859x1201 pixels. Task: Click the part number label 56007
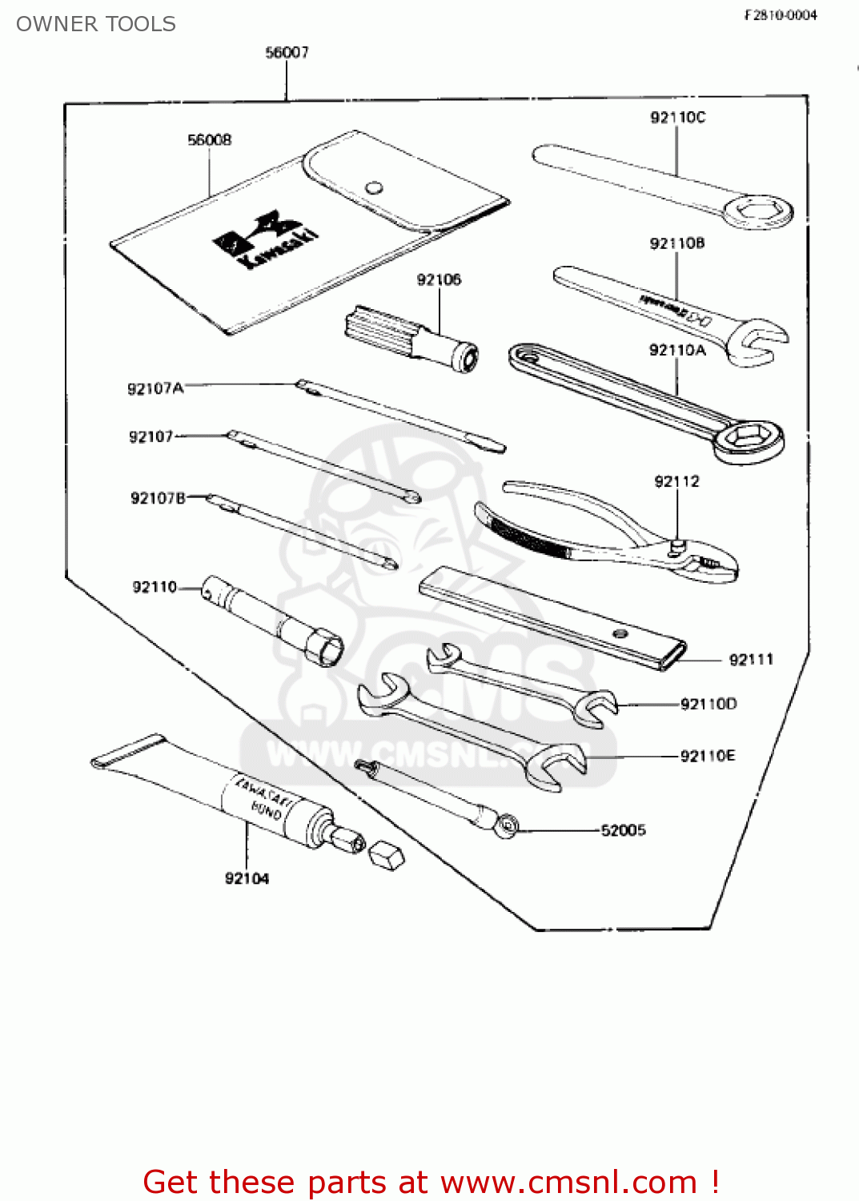click(x=287, y=53)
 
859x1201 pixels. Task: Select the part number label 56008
click(x=209, y=140)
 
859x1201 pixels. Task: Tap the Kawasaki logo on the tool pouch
click(x=265, y=239)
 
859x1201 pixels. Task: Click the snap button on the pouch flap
click(x=373, y=188)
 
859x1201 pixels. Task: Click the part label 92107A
click(x=155, y=389)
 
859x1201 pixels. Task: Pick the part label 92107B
click(x=158, y=499)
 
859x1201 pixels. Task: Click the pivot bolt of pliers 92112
click(x=676, y=545)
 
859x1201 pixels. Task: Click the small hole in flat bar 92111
click(x=619, y=633)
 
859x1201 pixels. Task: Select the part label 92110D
click(x=708, y=705)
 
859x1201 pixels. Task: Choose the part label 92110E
click(x=707, y=757)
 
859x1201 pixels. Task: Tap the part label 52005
click(x=623, y=830)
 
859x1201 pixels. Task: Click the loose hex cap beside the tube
click(x=386, y=855)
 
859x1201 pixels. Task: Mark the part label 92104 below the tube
click(x=247, y=879)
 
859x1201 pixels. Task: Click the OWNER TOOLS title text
click(x=96, y=24)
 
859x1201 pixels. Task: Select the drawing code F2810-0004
click(x=781, y=15)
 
